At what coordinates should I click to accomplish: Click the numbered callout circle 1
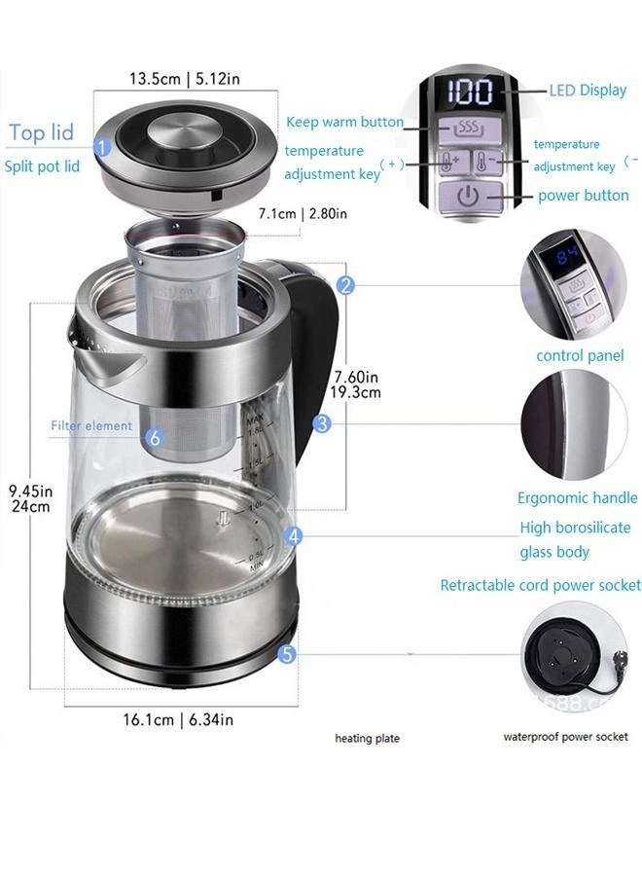click(x=100, y=148)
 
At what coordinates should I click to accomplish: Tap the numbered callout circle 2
click(x=345, y=285)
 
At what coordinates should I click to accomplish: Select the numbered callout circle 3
click(x=322, y=423)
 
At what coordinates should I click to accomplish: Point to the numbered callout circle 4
click(x=295, y=535)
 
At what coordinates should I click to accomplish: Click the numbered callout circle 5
click(x=286, y=655)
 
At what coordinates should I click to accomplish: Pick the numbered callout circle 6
click(x=155, y=438)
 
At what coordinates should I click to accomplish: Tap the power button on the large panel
click(x=469, y=195)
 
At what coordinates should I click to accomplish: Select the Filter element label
click(x=91, y=425)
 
